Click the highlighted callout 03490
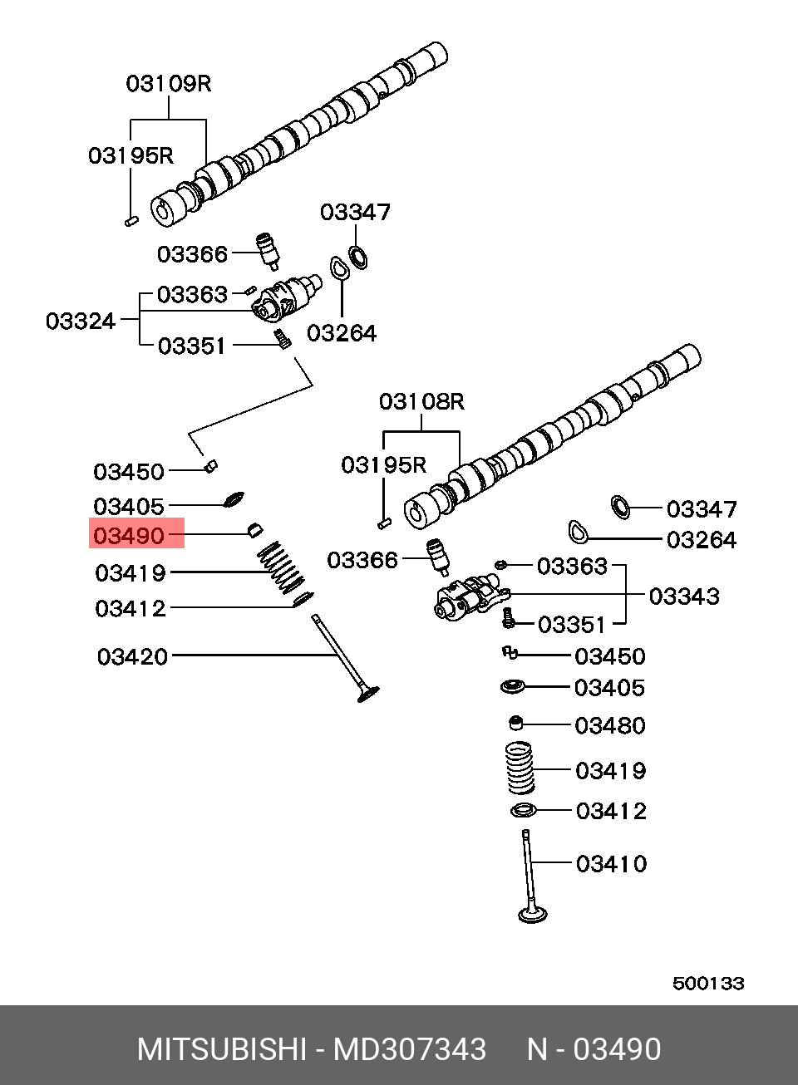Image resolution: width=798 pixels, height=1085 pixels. point(129,536)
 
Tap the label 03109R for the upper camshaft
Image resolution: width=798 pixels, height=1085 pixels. point(169,84)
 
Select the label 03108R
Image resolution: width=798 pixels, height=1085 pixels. point(421,401)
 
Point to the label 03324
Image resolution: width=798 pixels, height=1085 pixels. point(81,322)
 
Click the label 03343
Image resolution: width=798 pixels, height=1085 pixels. point(684,597)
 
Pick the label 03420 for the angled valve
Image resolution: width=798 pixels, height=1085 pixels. point(132,657)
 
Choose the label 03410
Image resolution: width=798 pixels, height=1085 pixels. point(612,864)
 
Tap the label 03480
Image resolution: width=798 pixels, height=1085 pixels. point(610,725)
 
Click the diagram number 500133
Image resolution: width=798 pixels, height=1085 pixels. point(708,984)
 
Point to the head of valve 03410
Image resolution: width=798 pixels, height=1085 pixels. point(533,915)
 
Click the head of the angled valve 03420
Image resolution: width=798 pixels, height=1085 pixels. point(368,695)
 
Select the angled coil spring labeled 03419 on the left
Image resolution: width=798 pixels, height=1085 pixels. point(281,567)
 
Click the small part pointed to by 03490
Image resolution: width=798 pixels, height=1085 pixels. point(255,530)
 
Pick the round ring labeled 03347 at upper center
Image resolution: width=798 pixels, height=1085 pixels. point(357,258)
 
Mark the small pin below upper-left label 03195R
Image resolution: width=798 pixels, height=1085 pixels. point(131,221)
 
